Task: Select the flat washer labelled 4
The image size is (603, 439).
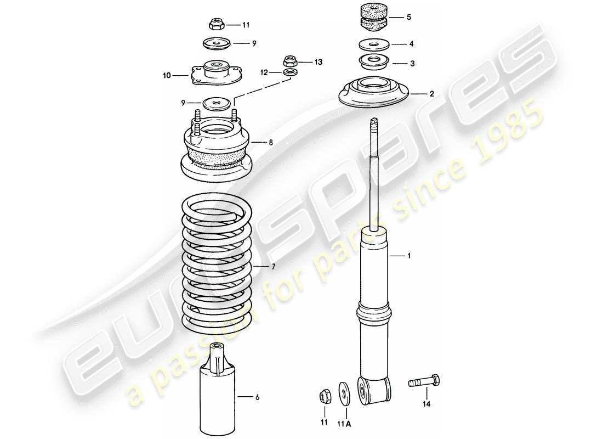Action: (x=373, y=44)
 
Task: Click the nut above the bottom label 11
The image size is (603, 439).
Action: (x=324, y=395)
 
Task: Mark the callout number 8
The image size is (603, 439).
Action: (x=271, y=143)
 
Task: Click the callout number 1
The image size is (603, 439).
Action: (x=407, y=256)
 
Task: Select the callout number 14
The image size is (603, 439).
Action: (x=426, y=405)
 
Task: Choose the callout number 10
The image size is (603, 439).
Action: (x=167, y=76)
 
